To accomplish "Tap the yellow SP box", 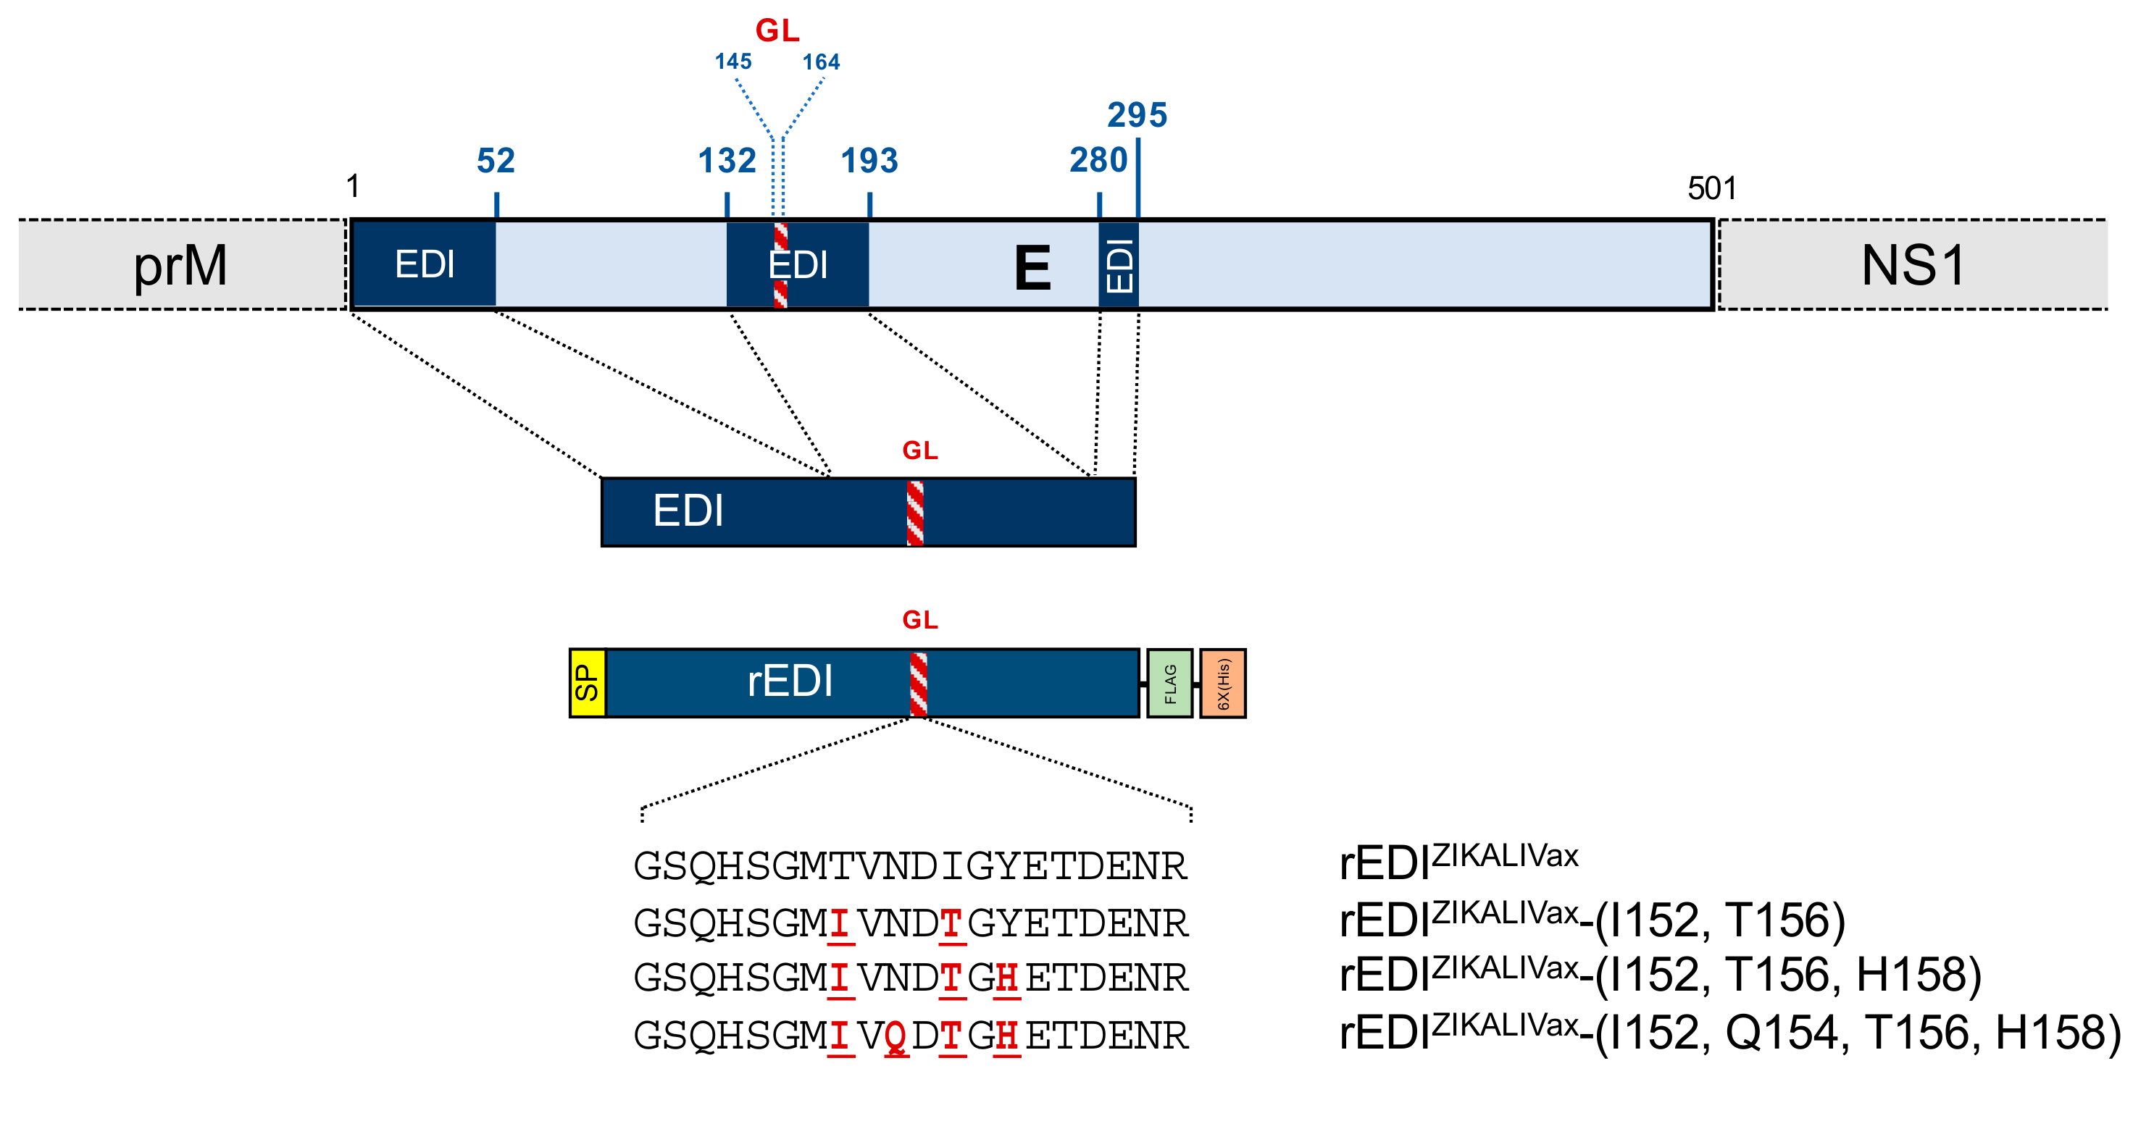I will point(587,683).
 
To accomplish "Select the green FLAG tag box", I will point(1169,683).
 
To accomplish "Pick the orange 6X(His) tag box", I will point(1222,683).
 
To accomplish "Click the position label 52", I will point(496,161).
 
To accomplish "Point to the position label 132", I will point(727,161).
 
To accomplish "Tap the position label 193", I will point(869,161).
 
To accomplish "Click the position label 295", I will point(1137,115).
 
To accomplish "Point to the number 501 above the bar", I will point(1711,188).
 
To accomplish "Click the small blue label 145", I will point(732,62).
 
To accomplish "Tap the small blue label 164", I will point(820,62).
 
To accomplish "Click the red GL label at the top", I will point(777,31).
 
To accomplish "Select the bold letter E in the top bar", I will point(1032,269).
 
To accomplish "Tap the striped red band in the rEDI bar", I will point(918,684).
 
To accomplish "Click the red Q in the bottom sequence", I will point(896,1036).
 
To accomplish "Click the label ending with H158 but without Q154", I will point(1660,975).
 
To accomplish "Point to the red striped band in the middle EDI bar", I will point(915,513).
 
